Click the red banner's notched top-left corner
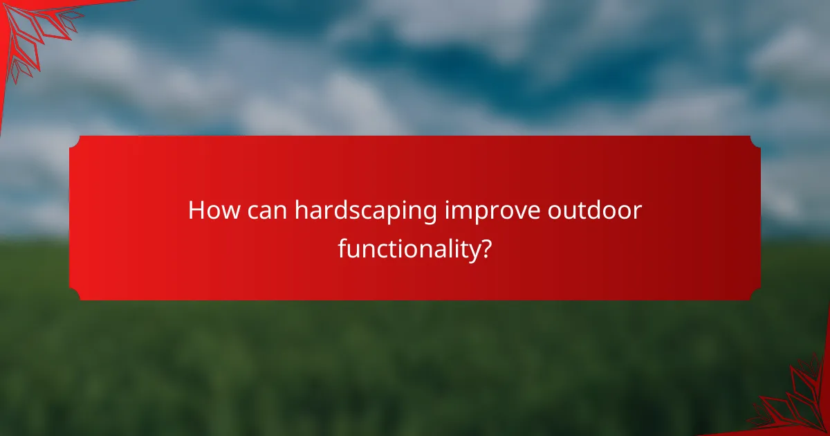(75, 140)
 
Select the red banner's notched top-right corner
(755, 140)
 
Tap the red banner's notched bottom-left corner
(75, 296)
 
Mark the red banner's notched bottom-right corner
(755, 296)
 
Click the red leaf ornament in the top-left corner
(31, 31)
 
